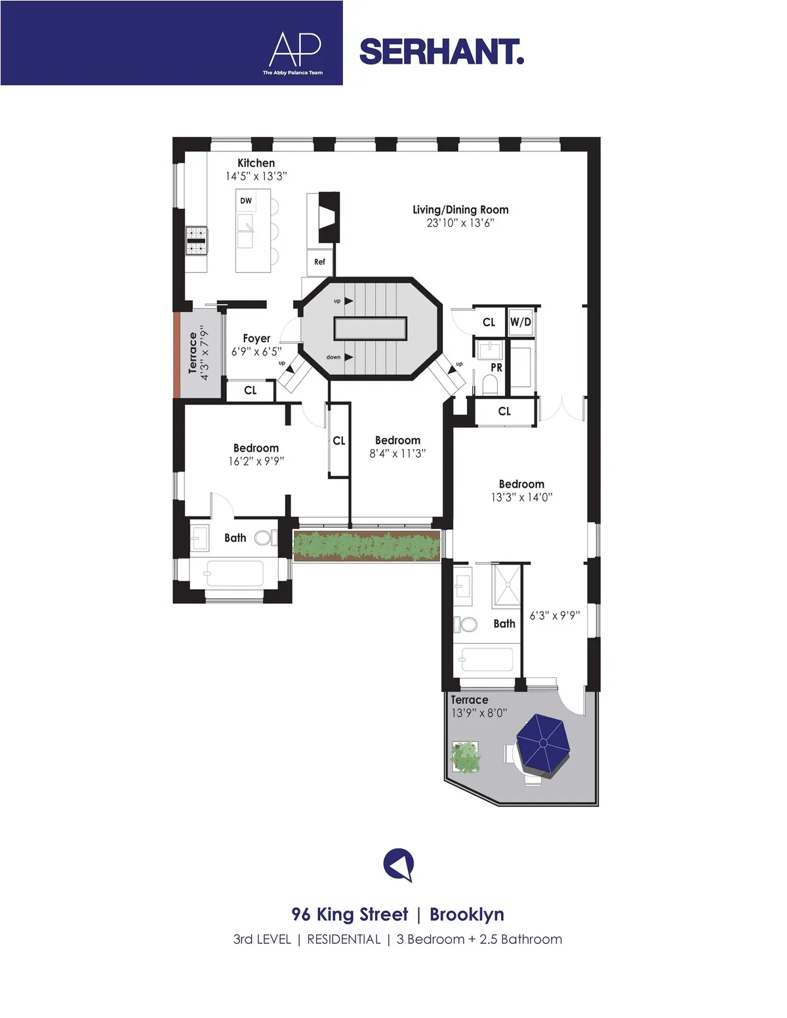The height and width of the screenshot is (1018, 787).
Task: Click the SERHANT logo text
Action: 441,52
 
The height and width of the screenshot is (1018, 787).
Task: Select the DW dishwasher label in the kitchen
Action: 246,201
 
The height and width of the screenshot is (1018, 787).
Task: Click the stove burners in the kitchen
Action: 196,240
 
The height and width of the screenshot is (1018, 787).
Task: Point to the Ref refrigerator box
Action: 319,262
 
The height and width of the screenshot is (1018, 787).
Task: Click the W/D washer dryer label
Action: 521,322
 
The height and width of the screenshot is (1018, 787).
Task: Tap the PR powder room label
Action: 496,368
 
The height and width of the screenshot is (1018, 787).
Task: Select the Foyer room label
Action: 256,338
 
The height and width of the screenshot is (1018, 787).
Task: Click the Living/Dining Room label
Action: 460,210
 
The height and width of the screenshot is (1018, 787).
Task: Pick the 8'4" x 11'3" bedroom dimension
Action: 397,454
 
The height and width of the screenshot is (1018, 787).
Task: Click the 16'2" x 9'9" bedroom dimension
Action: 256,461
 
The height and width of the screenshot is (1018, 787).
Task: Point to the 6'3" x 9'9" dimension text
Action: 555,616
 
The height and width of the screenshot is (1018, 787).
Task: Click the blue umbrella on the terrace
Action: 542,742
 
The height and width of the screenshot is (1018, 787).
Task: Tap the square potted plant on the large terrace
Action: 466,756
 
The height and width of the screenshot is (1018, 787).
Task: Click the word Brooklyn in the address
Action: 467,914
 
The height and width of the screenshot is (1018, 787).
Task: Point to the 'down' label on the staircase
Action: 333,357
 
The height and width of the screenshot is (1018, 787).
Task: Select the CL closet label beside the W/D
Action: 489,322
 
